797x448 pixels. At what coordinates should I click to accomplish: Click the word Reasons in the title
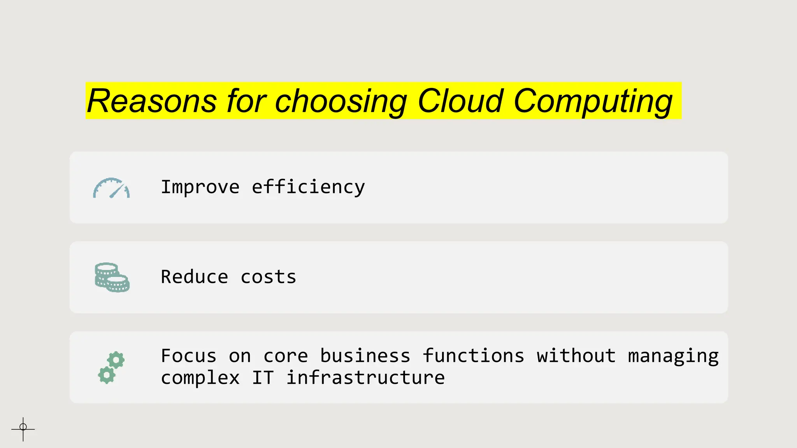coord(152,101)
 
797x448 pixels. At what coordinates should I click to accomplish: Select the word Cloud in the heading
coord(461,101)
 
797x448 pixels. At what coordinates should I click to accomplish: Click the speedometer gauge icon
coord(111,188)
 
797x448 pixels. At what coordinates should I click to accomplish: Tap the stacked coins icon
coord(112,277)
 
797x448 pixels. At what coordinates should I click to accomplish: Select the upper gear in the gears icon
coord(116,360)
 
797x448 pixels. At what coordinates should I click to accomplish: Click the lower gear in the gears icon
coord(107,375)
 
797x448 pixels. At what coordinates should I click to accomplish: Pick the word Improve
coord(200,187)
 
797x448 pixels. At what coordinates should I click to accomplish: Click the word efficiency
coord(308,187)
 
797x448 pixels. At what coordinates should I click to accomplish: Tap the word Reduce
coord(195,277)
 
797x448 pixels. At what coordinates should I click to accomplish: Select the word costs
coord(269,277)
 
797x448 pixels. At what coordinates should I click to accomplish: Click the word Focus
coord(189,356)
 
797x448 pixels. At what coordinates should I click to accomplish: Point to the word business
coord(365,356)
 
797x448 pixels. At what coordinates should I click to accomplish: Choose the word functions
coord(473,356)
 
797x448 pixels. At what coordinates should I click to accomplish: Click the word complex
coord(200,378)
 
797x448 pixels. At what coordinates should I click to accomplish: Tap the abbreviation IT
coord(263,378)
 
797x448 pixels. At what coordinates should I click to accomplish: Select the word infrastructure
coord(365,378)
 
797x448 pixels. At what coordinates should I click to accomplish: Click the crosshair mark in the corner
coord(23,429)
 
